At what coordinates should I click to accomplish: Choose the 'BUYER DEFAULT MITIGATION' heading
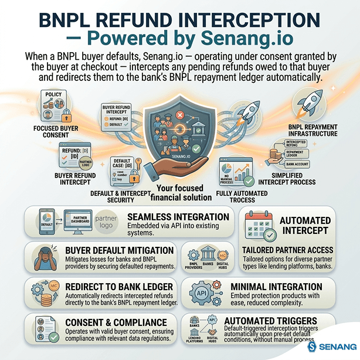[119, 250]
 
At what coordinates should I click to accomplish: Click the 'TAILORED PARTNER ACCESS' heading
[296, 251]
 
